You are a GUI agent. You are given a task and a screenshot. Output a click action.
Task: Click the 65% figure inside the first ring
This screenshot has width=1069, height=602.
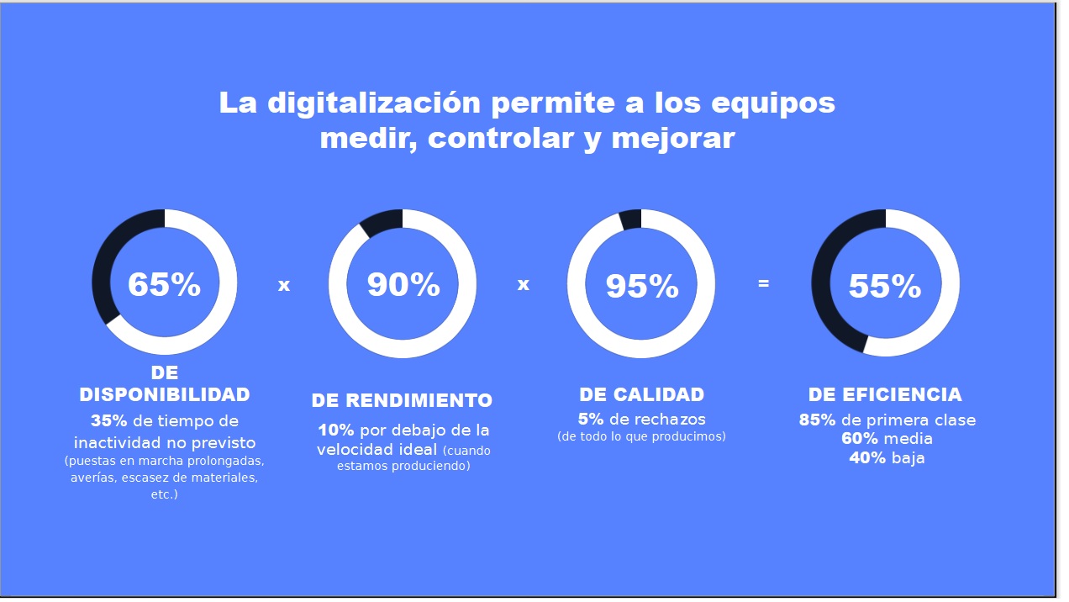click(164, 285)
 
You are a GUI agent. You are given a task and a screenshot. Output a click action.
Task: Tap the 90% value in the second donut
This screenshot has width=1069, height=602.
click(403, 285)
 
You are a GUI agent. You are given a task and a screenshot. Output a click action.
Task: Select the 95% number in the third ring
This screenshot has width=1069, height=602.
click(642, 287)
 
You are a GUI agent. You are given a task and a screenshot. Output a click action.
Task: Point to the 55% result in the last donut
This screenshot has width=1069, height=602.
click(885, 287)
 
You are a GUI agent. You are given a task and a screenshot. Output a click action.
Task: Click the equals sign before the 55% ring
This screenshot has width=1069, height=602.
click(763, 283)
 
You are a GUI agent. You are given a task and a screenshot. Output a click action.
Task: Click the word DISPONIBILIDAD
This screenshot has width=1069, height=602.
click(165, 394)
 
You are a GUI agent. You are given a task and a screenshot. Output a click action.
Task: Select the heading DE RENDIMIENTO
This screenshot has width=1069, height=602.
click(402, 400)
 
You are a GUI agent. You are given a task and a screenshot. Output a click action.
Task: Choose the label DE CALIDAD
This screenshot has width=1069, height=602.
click(642, 394)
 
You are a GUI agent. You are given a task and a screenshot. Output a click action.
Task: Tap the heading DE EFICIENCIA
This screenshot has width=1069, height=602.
click(885, 394)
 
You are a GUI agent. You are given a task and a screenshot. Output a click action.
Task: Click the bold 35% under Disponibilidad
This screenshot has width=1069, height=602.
click(108, 420)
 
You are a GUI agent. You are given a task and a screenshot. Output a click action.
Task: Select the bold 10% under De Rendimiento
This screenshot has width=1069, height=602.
click(335, 430)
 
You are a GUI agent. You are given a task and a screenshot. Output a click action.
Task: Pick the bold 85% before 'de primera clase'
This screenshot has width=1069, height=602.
click(817, 420)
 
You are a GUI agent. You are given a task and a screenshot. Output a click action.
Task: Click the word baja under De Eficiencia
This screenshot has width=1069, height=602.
click(908, 458)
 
